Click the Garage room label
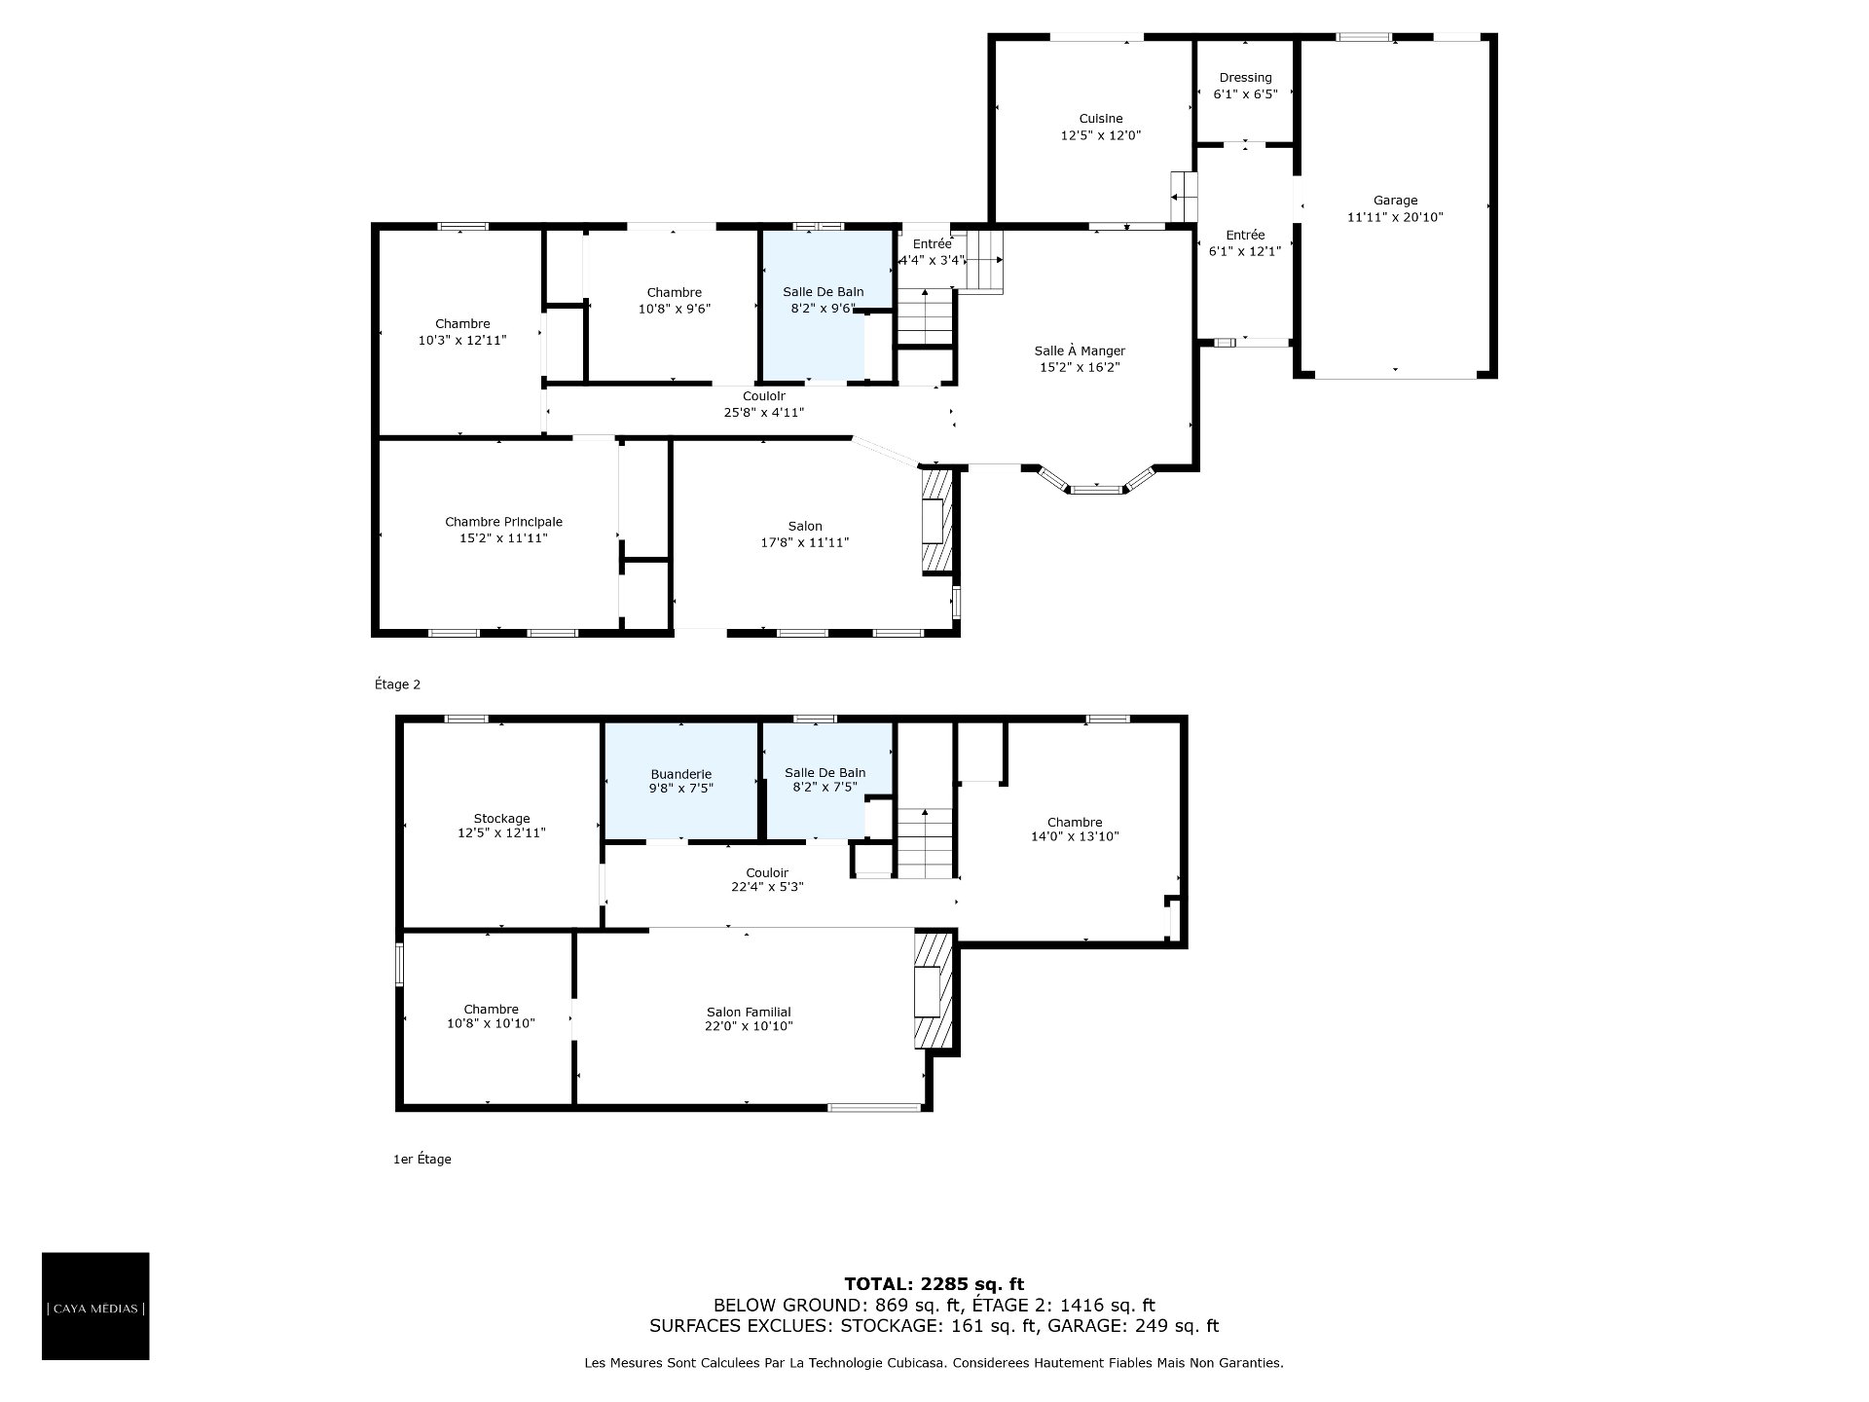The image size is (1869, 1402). coord(1395,201)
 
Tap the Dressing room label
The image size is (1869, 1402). coord(1245,78)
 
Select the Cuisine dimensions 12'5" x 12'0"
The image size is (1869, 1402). coord(1100,135)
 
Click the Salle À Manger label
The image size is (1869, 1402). coord(1080,350)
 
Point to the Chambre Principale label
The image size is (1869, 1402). coord(503,522)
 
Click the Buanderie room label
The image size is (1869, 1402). coord(681,774)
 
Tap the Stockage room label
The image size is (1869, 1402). coord(501,819)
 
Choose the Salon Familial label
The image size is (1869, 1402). coord(748,1012)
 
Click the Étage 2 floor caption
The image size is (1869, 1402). coord(397,684)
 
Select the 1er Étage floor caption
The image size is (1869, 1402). coord(421,1160)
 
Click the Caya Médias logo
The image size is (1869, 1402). coord(95,1306)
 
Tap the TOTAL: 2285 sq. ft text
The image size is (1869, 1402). coord(934,1284)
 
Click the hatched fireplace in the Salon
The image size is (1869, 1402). coord(936,521)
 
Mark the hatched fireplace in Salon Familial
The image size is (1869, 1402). coord(932,990)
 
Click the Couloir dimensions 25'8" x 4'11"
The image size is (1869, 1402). coord(764,413)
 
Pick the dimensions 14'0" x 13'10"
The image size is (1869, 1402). coord(1075,836)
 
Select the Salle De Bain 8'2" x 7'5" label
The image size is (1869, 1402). coord(825,780)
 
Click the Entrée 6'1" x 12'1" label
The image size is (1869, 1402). coord(1245,242)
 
